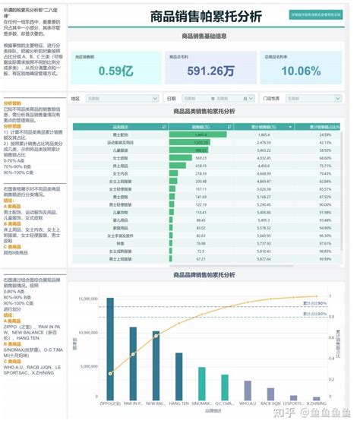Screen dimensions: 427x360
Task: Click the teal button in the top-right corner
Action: pyautogui.click(x=315, y=14)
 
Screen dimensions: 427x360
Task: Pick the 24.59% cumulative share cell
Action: pyautogui.click(x=324, y=134)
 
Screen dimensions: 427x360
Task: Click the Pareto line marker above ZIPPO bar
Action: pyautogui.click(x=111, y=373)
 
